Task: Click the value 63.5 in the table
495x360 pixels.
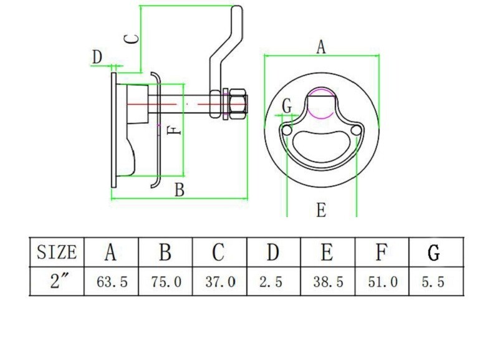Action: [112, 282]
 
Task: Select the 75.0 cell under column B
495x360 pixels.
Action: [166, 282]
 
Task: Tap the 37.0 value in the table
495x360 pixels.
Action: [221, 282]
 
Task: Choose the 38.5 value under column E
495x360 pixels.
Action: [328, 282]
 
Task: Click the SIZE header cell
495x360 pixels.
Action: [57, 252]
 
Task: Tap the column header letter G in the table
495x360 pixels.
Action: [435, 253]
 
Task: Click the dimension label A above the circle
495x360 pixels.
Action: [321, 47]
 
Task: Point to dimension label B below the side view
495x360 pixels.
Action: [179, 190]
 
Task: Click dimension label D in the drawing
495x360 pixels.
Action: [97, 57]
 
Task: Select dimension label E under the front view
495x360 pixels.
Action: [321, 210]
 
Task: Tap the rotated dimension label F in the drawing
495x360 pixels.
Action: [175, 131]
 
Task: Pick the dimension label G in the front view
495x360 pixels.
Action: [287, 106]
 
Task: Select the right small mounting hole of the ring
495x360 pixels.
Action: [356, 130]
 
